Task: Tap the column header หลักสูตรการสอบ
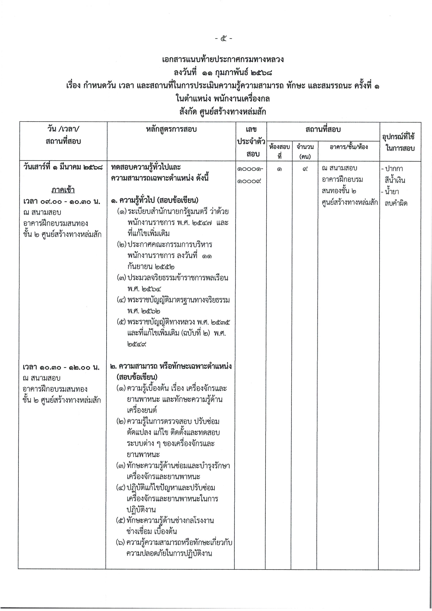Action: click(x=171, y=130)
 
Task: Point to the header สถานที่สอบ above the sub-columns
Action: click(x=323, y=130)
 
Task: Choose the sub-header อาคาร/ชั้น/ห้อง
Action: click(x=349, y=147)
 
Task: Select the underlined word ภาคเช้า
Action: click(x=63, y=190)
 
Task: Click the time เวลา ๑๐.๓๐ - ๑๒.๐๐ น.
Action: click(x=61, y=367)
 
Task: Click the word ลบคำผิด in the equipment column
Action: click(x=396, y=203)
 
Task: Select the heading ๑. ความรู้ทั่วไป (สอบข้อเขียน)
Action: click(x=155, y=200)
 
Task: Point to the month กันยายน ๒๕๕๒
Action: click(x=151, y=266)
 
